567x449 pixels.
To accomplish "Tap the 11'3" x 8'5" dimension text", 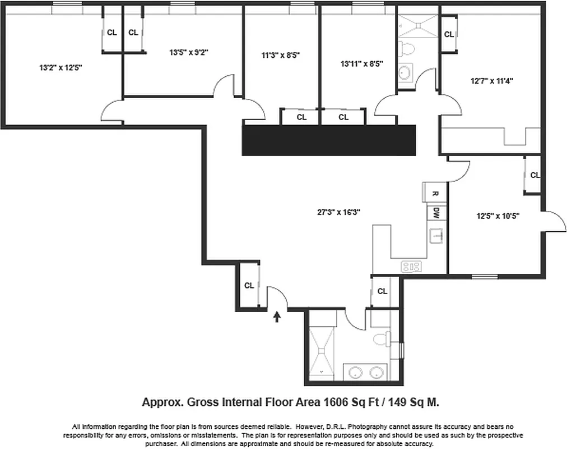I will click(x=281, y=56).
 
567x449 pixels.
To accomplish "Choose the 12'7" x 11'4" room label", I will click(x=492, y=81).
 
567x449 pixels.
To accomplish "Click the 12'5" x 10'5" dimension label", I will click(x=498, y=216).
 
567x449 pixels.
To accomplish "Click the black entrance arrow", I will click(x=276, y=318).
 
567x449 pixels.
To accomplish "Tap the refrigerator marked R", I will click(x=435, y=193).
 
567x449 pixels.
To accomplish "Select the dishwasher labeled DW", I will click(x=436, y=213).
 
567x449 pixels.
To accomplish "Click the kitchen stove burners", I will click(x=411, y=267).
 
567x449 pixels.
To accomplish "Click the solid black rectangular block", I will click(x=329, y=140).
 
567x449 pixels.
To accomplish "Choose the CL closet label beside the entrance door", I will click(x=249, y=286).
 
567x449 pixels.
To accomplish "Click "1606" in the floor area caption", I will click(x=336, y=402).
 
